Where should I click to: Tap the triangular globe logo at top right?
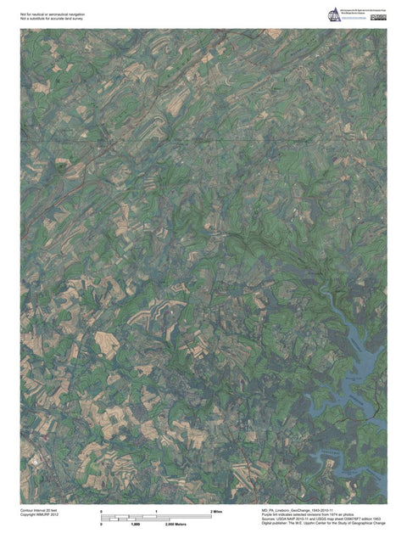click(x=335, y=14)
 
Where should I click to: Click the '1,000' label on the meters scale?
click(x=135, y=526)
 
